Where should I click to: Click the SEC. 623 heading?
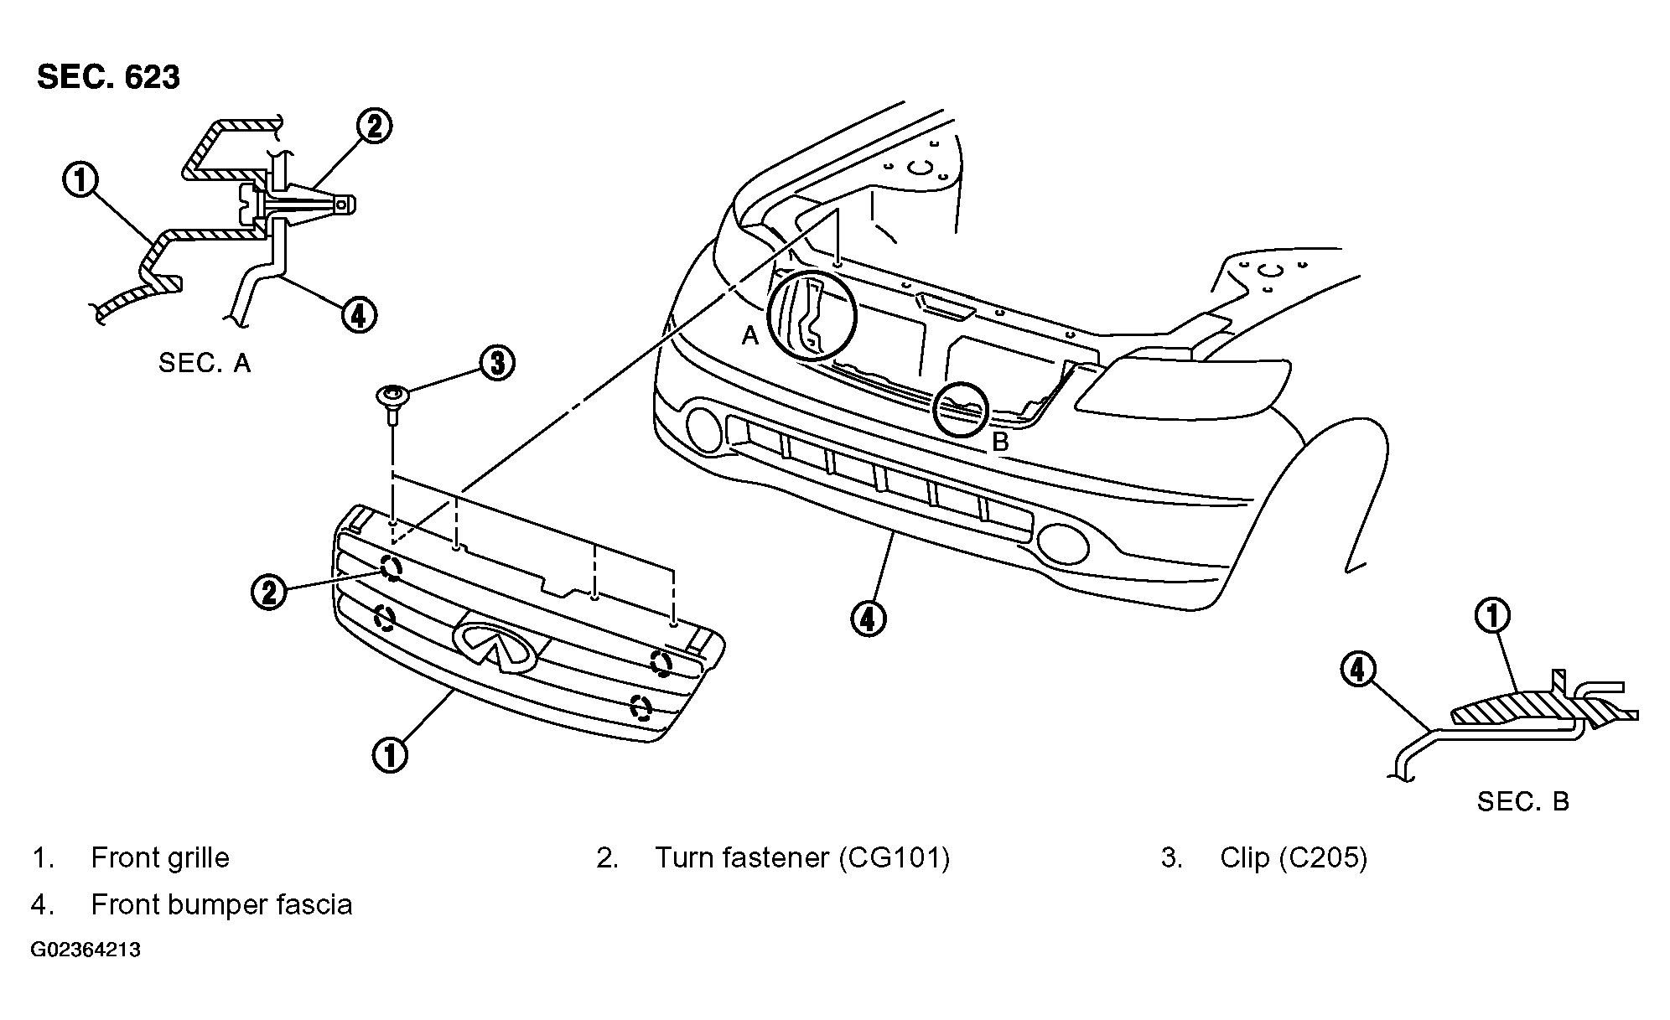[108, 77]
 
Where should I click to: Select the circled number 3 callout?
[497, 363]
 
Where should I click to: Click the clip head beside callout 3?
[392, 394]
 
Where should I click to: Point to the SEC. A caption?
[205, 363]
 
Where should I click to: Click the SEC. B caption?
[1522, 801]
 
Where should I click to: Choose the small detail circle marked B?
[962, 410]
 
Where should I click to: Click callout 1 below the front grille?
[390, 753]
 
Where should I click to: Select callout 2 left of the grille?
[269, 593]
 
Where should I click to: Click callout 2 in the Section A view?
[374, 127]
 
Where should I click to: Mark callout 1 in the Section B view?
[1492, 616]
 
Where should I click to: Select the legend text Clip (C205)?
[1294, 857]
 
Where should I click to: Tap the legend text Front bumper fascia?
[221, 904]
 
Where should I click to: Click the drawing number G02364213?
[86, 950]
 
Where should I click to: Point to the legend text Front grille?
[159, 857]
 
